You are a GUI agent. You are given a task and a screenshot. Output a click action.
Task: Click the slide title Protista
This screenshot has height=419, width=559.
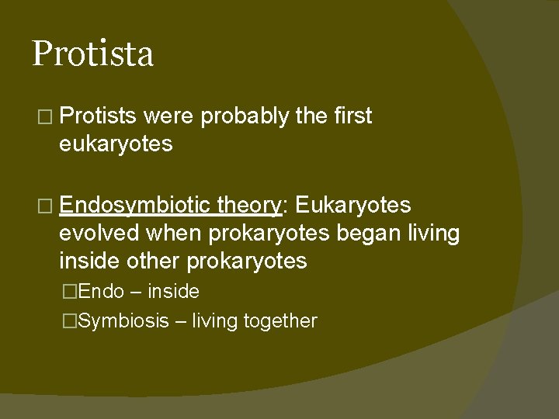92,54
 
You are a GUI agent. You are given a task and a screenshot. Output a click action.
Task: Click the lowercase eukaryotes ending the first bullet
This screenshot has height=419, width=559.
116,144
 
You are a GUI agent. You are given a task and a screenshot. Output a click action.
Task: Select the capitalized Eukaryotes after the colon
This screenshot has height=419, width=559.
353,206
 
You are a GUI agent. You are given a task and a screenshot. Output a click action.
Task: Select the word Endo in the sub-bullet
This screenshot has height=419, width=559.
101,292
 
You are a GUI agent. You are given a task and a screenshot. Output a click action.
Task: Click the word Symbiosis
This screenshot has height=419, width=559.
123,321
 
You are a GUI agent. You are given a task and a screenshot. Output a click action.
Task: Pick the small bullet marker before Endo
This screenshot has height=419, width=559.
71,293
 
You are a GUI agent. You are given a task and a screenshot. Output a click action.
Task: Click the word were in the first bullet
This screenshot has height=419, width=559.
169,116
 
